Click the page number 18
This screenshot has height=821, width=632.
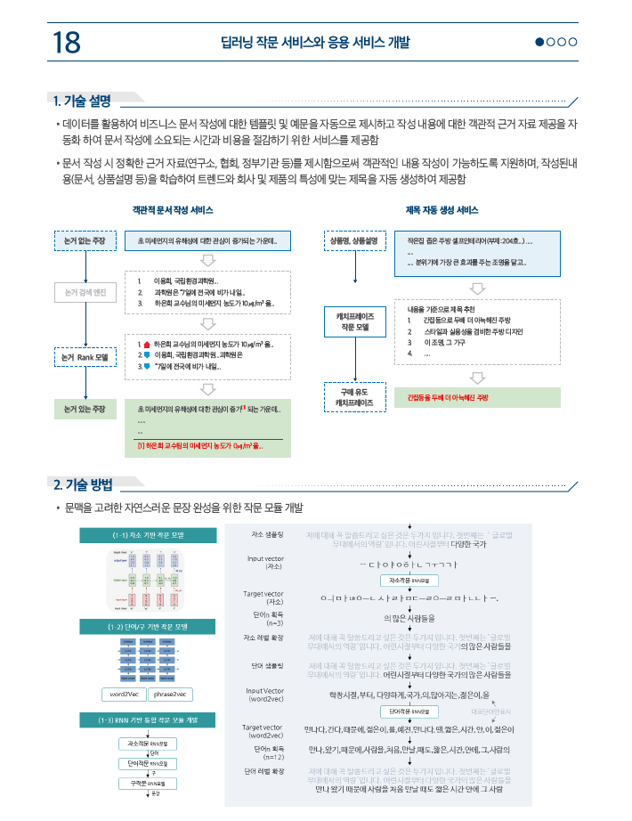67,42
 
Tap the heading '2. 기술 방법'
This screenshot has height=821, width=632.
83,484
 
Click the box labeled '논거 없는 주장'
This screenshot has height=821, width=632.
85,241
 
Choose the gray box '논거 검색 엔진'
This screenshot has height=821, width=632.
85,291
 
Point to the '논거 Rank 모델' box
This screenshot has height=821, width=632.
85,357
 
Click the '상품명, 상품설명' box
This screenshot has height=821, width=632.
353,241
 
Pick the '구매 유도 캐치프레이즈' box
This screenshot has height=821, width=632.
353,397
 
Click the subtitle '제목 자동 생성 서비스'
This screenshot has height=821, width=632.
442,210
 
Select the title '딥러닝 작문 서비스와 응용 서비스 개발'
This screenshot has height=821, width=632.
315,42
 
